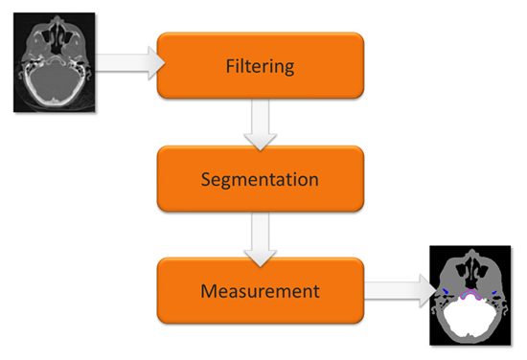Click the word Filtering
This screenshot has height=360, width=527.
tap(260, 67)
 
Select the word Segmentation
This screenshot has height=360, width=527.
tap(260, 180)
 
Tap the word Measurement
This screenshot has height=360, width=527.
tap(260, 291)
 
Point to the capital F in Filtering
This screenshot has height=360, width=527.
tap(230, 65)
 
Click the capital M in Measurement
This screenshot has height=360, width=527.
tap(208, 291)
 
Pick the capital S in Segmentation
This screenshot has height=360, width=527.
tap(206, 179)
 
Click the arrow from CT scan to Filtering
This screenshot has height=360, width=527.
tap(129, 63)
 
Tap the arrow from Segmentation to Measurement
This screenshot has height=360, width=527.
tap(260, 239)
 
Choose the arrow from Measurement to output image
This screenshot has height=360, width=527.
tap(400, 290)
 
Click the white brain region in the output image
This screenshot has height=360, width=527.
tap(470, 316)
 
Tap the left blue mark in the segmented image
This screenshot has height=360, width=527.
tap(446, 290)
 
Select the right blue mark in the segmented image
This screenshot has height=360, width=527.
tap(494, 293)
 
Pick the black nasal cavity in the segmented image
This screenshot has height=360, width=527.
tap(471, 273)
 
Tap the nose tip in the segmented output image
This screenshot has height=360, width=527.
tap(472, 252)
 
